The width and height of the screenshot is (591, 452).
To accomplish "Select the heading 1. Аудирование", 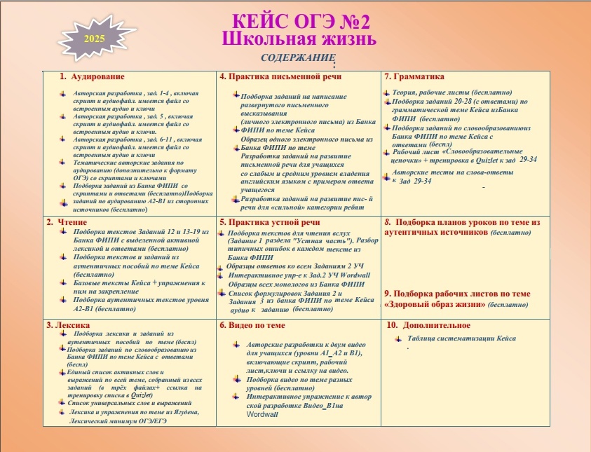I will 92,76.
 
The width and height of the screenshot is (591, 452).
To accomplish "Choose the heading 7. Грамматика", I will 414,76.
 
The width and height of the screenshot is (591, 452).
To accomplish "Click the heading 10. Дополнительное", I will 428,325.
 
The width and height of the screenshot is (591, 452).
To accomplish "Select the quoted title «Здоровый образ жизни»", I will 435,305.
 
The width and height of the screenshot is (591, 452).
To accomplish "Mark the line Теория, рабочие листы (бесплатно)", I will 451,93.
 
